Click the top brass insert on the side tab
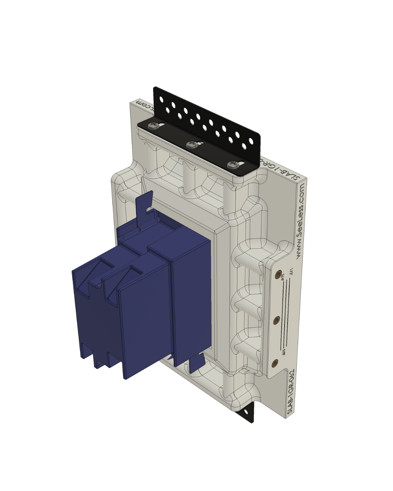pos(279,274)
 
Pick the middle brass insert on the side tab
pos(277,320)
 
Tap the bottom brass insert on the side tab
pos(275,362)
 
